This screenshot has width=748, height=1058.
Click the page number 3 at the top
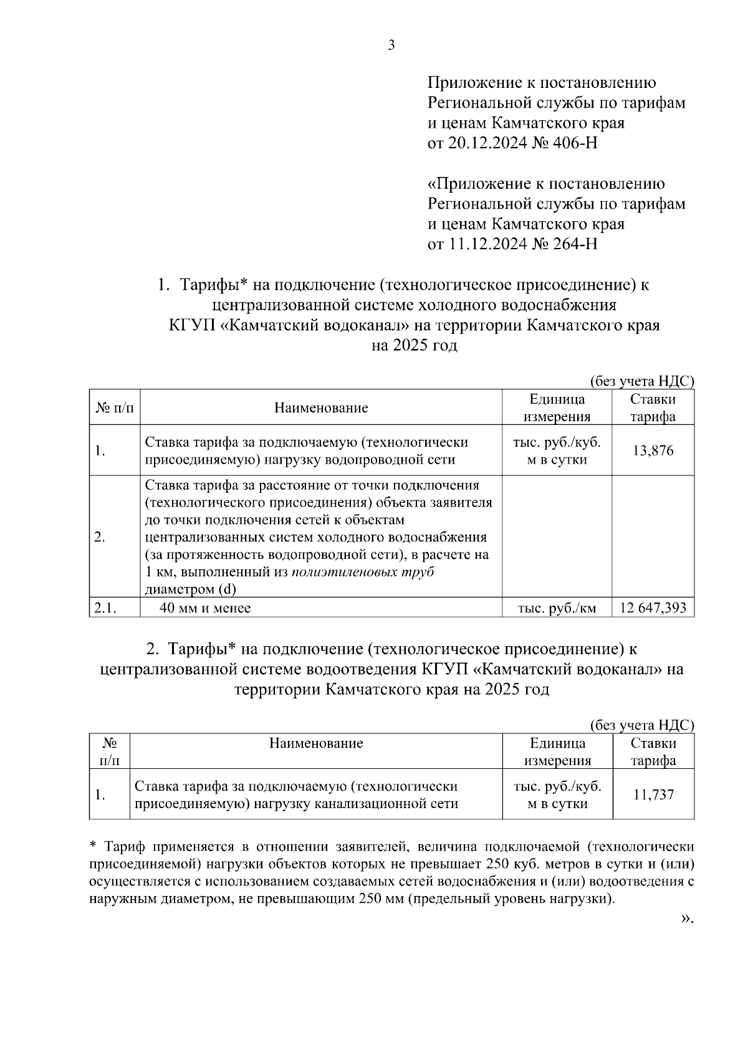391,45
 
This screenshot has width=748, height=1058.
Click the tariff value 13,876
653,450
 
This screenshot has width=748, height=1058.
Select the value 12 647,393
653,608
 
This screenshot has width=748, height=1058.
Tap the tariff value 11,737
653,794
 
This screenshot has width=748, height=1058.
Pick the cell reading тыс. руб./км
557,608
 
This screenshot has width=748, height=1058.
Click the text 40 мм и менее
205,608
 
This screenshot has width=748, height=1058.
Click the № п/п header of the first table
114,408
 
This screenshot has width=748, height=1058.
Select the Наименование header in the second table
316,743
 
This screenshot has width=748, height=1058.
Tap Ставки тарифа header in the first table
653,408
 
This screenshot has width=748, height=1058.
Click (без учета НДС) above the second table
642,725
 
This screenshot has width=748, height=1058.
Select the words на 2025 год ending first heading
414,345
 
